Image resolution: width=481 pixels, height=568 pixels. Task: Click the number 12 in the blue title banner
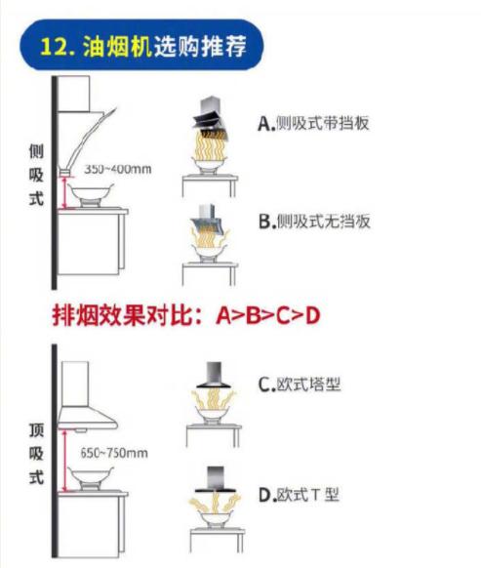pyautogui.click(x=54, y=47)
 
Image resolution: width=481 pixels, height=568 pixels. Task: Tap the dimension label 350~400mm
pyautogui.click(x=118, y=169)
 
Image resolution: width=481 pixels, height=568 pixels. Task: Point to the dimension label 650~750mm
pyautogui.click(x=114, y=453)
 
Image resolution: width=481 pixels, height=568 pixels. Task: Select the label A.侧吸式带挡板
pyautogui.click(x=313, y=123)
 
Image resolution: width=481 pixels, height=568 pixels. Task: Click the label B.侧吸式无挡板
pyautogui.click(x=314, y=221)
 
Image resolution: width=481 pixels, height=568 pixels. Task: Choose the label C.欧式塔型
pyautogui.click(x=300, y=385)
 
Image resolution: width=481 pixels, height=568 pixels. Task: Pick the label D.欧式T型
pyautogui.click(x=299, y=495)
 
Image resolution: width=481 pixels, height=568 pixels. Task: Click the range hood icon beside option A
pyautogui.click(x=211, y=118)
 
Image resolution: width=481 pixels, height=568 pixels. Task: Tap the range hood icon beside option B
pyautogui.click(x=208, y=218)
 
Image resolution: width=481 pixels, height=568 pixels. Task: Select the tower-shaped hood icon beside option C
pyautogui.click(x=214, y=376)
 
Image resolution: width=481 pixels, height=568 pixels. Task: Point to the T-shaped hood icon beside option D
pyautogui.click(x=216, y=479)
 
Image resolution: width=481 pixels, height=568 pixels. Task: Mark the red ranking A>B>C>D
pyautogui.click(x=268, y=315)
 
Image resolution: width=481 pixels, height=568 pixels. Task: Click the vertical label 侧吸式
pyautogui.click(x=36, y=175)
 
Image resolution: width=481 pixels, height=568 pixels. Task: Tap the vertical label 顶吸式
pyautogui.click(x=36, y=454)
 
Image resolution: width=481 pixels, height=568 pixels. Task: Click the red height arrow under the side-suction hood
pyautogui.click(x=65, y=192)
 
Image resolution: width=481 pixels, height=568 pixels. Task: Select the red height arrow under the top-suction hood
pyautogui.click(x=64, y=461)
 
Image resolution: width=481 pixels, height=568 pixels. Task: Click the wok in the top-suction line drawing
pyautogui.click(x=91, y=476)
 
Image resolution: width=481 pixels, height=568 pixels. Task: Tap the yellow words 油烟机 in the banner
pyautogui.click(x=117, y=47)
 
